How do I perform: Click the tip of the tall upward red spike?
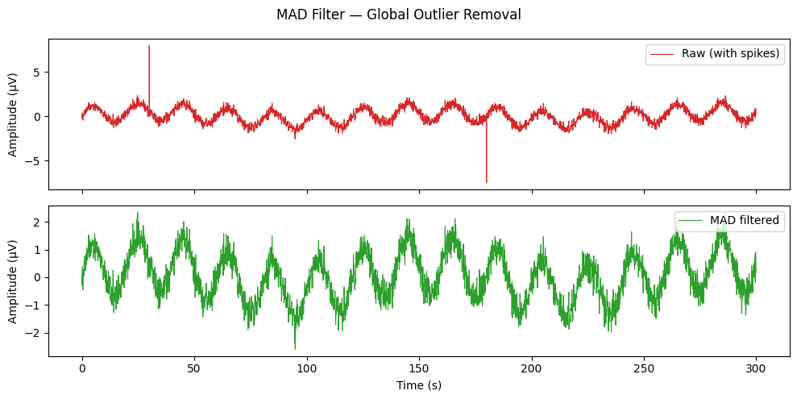click(x=149, y=46)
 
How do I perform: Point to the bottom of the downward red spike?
click(x=486, y=182)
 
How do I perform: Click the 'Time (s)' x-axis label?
click(x=419, y=385)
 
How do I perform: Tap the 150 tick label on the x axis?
click(x=419, y=368)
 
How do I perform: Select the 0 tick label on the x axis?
click(x=82, y=368)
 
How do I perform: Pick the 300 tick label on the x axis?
click(x=756, y=368)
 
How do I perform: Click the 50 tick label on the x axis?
click(x=194, y=368)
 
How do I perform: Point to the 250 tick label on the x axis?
click(x=644, y=368)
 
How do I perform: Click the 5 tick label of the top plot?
click(x=35, y=73)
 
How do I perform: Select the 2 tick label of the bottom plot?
click(x=35, y=222)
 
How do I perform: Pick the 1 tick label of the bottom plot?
click(x=35, y=250)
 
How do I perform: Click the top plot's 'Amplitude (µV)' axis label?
click(x=13, y=114)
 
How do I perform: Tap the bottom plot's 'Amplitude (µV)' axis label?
click(x=13, y=281)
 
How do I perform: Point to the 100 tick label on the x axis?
click(x=307, y=368)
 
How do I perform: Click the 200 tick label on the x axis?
click(x=531, y=368)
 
